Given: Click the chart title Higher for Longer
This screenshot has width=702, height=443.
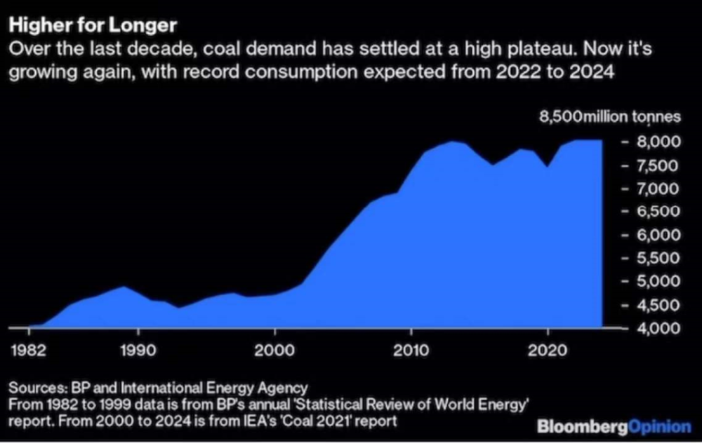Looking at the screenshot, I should click(x=92, y=26).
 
